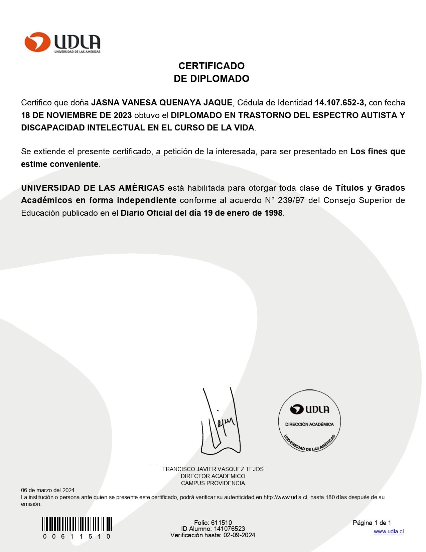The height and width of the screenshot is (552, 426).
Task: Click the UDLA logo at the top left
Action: (x=62, y=42)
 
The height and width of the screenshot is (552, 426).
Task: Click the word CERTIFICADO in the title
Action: (x=211, y=66)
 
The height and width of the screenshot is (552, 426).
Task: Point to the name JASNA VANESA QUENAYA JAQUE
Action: (x=162, y=103)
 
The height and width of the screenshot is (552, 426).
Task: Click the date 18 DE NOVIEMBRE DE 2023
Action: (x=76, y=115)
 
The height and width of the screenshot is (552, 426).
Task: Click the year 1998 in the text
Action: (x=273, y=213)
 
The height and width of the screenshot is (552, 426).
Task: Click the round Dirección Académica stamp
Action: (x=309, y=421)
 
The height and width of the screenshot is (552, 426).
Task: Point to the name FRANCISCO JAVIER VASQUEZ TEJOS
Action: (x=213, y=469)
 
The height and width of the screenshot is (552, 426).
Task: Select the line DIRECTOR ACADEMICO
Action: (x=213, y=476)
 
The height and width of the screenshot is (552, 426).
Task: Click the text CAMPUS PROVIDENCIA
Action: (x=213, y=483)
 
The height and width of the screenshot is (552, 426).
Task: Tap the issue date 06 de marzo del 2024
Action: (x=48, y=490)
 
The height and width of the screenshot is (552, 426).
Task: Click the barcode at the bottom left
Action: (x=77, y=524)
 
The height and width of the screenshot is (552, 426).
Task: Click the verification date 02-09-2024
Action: (x=239, y=535)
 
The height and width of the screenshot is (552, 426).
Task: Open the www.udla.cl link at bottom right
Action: (x=389, y=532)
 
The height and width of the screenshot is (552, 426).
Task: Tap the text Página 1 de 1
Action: (x=372, y=523)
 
